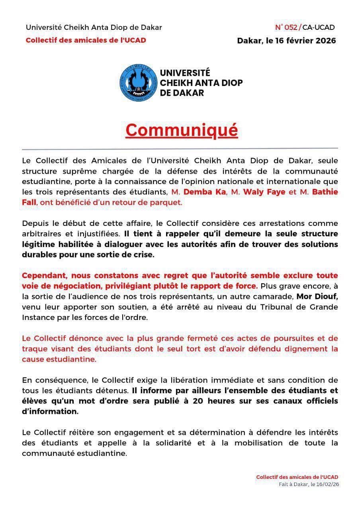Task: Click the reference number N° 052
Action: tap(286, 27)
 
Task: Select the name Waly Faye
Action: tap(264, 192)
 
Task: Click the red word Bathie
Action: tap(325, 192)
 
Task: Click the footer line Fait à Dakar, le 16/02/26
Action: tap(309, 484)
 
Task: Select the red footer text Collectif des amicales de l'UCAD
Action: tap(297, 477)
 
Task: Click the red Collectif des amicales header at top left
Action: tap(86, 40)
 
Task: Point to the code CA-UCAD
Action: tap(319, 27)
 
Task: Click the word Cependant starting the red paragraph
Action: tap(44, 276)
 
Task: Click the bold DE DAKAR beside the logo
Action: tap(182, 93)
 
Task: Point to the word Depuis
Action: tap(35, 223)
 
